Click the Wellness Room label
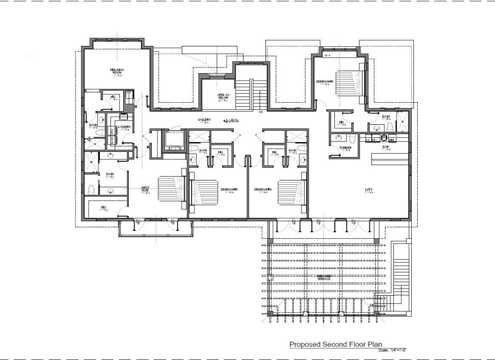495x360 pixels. [x=117, y=71]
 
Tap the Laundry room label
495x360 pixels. [x=124, y=127]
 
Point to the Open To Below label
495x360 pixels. [x=222, y=96]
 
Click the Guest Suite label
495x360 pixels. [x=145, y=189]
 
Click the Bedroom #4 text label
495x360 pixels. [x=263, y=189]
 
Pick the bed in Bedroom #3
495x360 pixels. [x=205, y=192]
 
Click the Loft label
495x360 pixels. [x=369, y=189]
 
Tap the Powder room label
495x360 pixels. [x=346, y=148]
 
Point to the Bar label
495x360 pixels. [x=386, y=146]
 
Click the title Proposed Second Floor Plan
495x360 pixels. [x=335, y=345]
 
